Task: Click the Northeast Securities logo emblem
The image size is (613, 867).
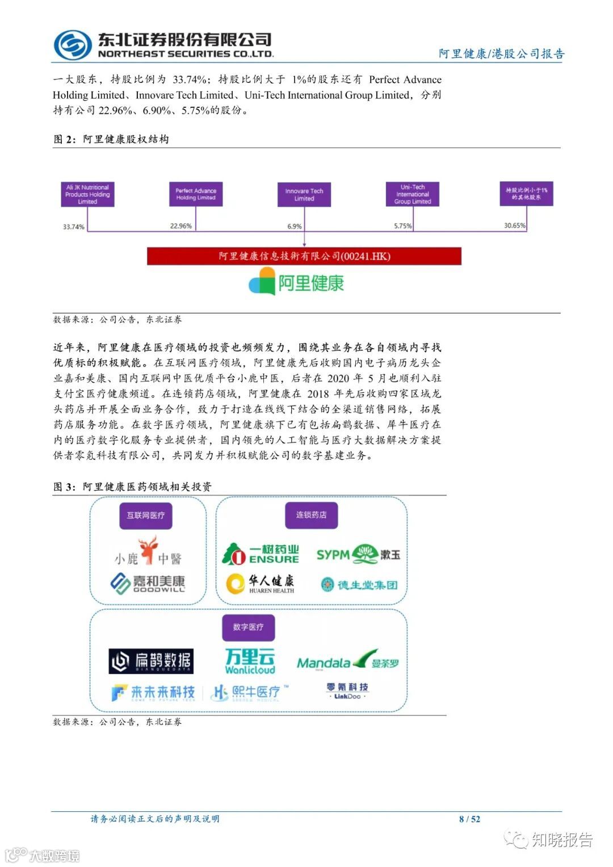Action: (73, 45)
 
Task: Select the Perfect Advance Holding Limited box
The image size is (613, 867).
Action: (196, 194)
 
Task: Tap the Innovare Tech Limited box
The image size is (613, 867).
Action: (304, 195)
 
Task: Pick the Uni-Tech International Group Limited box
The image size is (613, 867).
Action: (413, 194)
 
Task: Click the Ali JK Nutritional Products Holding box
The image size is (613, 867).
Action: (87, 194)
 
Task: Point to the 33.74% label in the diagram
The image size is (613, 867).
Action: (74, 227)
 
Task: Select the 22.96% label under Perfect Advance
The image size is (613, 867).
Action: (181, 226)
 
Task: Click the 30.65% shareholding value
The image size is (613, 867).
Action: (515, 225)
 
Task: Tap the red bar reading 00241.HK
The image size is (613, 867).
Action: (304, 256)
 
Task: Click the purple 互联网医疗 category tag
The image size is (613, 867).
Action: (146, 515)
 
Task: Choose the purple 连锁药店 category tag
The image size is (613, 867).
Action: (311, 515)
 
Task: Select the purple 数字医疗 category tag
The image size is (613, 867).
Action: (248, 627)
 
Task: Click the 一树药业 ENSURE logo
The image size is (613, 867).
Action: (261, 554)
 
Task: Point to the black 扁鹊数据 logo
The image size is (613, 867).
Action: (151, 661)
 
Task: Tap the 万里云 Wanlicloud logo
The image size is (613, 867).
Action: (250, 661)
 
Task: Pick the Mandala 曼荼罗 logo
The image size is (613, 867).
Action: (348, 661)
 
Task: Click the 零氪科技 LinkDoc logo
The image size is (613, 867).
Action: (347, 690)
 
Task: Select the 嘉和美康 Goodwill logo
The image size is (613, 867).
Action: (148, 584)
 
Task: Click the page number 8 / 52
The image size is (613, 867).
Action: (469, 819)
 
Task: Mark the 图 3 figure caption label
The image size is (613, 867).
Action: (64, 487)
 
